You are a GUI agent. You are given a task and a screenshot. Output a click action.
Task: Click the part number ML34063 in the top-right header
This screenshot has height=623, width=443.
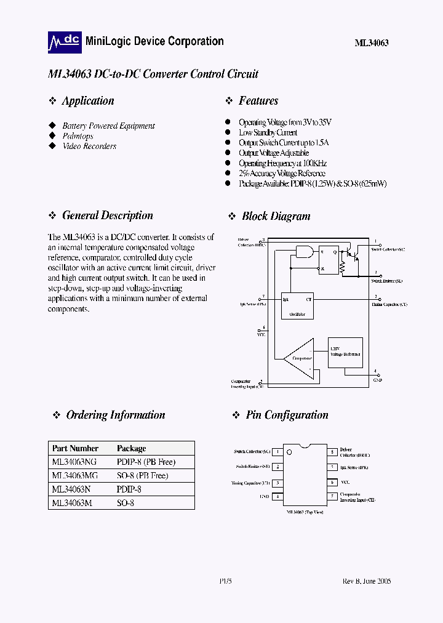[371, 43]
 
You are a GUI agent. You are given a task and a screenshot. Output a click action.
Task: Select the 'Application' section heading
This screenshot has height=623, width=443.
[88, 101]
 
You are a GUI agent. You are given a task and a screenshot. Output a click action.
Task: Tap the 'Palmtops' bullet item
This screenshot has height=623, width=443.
[78, 136]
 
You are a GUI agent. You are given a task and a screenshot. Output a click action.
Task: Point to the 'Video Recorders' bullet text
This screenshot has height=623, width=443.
[89, 147]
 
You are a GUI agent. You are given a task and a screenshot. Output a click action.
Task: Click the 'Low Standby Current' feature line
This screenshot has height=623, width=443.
[268, 132]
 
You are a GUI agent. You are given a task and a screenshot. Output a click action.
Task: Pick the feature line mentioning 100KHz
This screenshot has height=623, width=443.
[282, 163]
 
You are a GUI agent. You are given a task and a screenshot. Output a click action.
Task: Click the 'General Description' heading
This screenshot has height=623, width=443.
[108, 215]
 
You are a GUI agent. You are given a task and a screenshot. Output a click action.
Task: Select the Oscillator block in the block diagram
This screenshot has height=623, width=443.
[297, 305]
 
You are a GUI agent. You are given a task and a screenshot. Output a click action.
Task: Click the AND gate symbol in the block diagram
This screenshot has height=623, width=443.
[304, 251]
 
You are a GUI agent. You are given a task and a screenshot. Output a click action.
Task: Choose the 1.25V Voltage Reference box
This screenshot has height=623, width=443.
[345, 352]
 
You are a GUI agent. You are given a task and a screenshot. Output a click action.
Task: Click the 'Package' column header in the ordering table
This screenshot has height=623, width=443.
[132, 448]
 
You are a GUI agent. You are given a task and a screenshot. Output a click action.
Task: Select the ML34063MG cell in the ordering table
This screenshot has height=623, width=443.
[74, 475]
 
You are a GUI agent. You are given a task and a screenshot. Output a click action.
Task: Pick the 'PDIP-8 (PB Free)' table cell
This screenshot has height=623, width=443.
[146, 462]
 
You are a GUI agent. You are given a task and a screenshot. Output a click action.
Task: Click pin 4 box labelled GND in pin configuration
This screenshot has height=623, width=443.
[277, 496]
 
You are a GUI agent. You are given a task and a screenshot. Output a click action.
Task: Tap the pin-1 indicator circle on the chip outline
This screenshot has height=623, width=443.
[289, 452]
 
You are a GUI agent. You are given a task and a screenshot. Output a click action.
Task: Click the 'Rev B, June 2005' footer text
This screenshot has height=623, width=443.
[367, 581]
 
